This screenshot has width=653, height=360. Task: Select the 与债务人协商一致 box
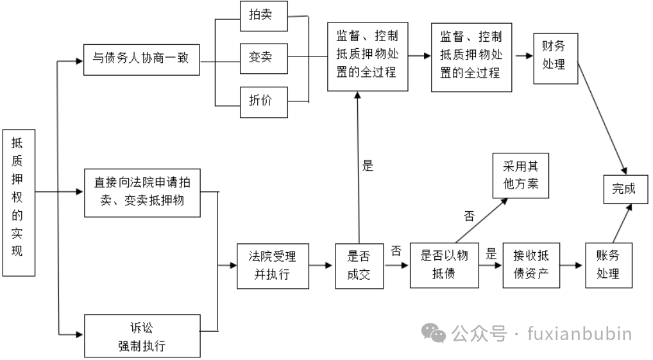click(140, 60)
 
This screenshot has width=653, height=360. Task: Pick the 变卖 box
click(260, 57)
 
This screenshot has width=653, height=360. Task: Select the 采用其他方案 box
click(520, 175)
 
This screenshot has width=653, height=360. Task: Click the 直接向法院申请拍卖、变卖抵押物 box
click(140, 191)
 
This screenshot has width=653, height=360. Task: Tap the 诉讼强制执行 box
click(140, 338)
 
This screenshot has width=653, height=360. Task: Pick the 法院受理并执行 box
click(272, 265)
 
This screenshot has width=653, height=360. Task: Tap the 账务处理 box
click(607, 265)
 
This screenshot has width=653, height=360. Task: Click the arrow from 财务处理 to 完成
click(600, 116)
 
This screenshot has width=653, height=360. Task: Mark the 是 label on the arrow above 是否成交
click(368, 166)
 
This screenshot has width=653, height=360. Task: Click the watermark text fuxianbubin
click(579, 334)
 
